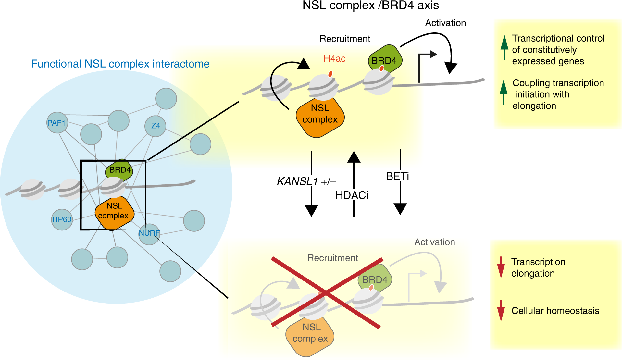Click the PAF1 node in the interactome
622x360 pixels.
57,123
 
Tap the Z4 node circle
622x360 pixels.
155,126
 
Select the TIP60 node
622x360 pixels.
62,219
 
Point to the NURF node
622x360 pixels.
149,233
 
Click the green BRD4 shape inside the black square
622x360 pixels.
119,170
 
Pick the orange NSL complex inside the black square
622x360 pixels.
114,211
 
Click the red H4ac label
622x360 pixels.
334,59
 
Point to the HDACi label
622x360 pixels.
352,195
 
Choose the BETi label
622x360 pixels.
397,177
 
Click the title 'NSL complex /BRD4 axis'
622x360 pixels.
370,6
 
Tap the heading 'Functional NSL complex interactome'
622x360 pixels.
120,64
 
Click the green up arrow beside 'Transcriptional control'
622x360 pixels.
504,47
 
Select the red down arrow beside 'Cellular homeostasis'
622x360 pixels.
501,311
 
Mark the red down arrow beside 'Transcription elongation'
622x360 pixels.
501,267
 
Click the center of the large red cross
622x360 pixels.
326,293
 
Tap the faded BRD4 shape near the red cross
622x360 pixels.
375,278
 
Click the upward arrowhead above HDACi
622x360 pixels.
354,157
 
